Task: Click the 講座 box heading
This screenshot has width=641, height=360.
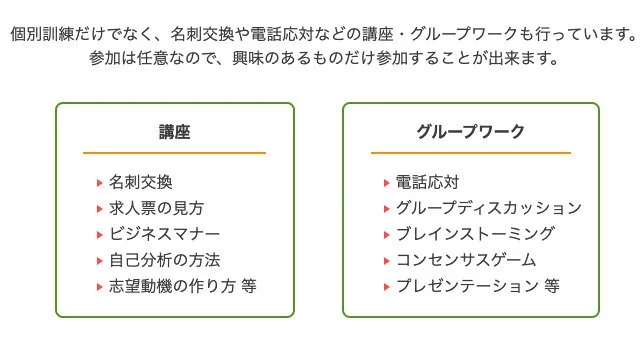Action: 174,132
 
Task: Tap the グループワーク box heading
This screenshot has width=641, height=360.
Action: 470,132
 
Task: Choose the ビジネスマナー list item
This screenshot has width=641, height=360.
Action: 164,234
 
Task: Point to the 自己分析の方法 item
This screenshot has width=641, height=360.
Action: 164,260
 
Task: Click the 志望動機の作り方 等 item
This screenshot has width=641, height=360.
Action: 182,286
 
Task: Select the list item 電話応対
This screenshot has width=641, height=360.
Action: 427,182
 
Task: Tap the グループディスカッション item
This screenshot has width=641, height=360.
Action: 488,208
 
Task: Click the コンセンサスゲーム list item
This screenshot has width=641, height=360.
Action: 466,260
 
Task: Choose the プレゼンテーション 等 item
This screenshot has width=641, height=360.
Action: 477,286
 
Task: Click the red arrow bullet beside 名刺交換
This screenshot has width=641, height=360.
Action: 99,183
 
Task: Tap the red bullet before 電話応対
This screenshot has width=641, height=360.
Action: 386,183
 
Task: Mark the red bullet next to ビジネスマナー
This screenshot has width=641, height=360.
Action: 99,235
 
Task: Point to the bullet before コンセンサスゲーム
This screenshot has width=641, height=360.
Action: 386,261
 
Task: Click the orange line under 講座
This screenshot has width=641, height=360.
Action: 174,153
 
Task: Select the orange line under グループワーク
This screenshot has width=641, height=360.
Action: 470,153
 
